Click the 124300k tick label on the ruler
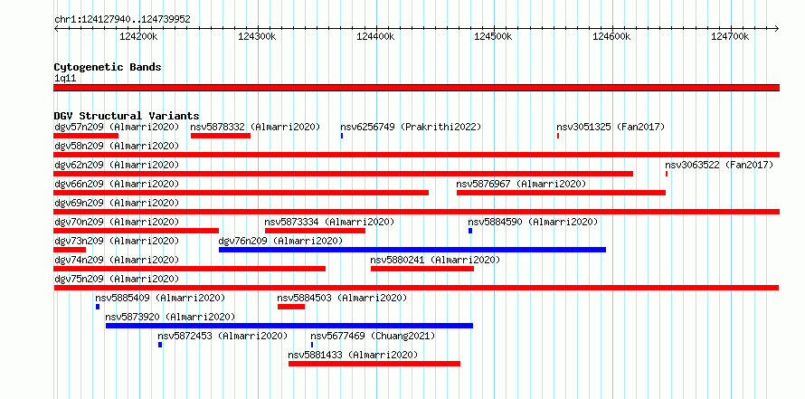pyautogui.click(x=258, y=36)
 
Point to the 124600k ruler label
pyautogui.click(x=612, y=36)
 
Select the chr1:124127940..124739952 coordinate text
pyautogui.click(x=123, y=20)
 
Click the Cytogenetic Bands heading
pyautogui.click(x=108, y=67)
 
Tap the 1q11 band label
pyautogui.click(x=65, y=79)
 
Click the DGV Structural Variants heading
pyautogui.click(x=127, y=116)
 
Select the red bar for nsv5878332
pyautogui.click(x=221, y=136)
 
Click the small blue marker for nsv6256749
pyautogui.click(x=342, y=136)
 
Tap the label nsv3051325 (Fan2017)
pyautogui.click(x=611, y=127)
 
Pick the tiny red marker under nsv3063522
pyautogui.click(x=667, y=174)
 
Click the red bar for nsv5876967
pyautogui.click(x=561, y=193)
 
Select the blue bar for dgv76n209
pyautogui.click(x=412, y=250)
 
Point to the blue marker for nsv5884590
pyautogui.click(x=470, y=231)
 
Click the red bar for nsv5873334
pyautogui.click(x=316, y=231)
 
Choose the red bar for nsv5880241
pyautogui.click(x=422, y=269)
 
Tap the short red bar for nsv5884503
pyautogui.click(x=291, y=307)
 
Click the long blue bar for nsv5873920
pyautogui.click(x=289, y=326)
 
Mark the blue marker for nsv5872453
pyautogui.click(x=160, y=345)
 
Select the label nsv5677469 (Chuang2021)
pyautogui.click(x=373, y=336)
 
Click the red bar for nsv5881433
pyautogui.click(x=374, y=364)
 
